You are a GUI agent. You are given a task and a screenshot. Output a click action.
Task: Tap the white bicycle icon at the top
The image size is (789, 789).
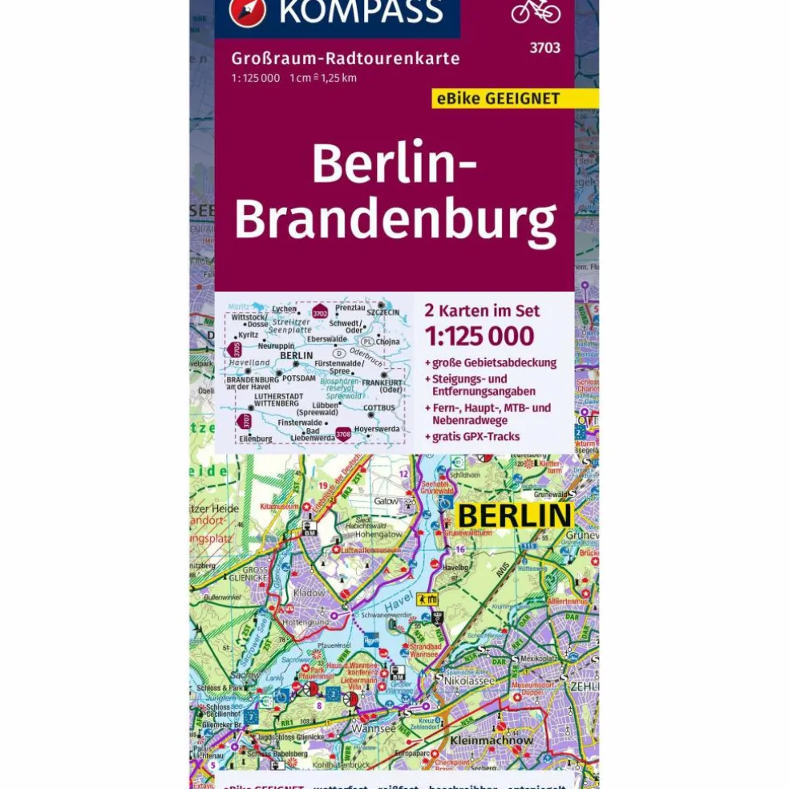point(536,10)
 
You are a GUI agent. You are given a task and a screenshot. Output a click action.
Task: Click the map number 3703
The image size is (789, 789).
point(544,48)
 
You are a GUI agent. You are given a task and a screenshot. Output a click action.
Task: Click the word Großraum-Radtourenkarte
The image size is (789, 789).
point(346,59)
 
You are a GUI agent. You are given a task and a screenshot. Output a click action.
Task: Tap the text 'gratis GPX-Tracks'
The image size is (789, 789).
point(475,437)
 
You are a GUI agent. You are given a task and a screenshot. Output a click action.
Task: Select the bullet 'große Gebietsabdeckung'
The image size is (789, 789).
point(494,362)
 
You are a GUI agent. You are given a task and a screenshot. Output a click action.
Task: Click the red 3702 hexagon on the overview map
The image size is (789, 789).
point(320,313)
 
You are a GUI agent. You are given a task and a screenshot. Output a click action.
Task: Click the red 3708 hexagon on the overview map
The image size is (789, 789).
point(342,434)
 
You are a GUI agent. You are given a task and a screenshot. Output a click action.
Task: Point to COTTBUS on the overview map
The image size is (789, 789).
point(379,407)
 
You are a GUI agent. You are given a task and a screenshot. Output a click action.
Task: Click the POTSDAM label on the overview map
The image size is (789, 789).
point(299,377)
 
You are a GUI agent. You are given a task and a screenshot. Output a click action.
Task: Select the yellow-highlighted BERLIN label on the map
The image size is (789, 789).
point(513,516)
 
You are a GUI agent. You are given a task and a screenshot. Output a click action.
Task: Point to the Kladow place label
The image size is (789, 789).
point(310,593)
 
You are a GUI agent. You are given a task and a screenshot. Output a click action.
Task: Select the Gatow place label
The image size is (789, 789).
point(386,500)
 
